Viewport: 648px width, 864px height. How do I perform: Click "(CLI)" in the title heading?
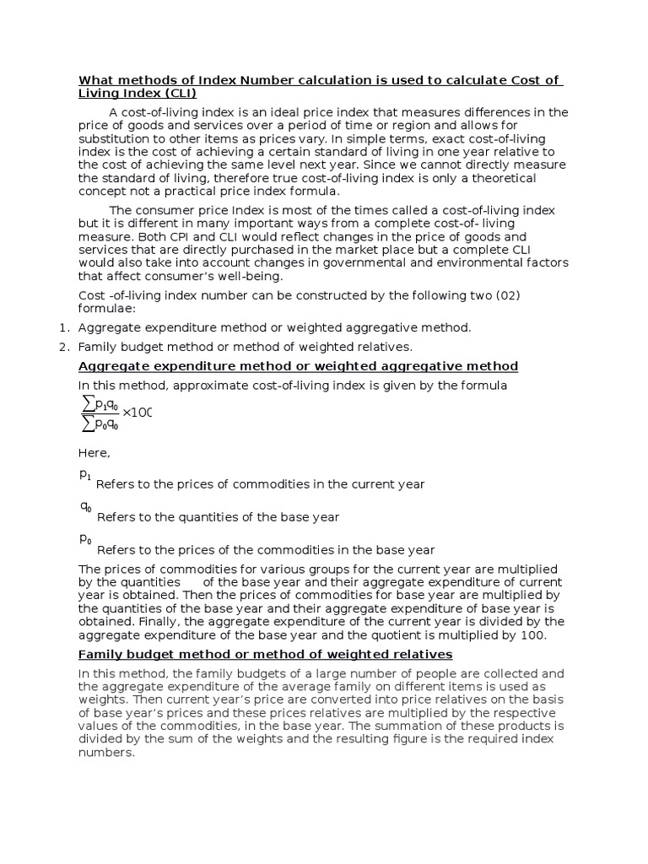tap(178, 94)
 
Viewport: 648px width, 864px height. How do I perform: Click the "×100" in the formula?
tap(137, 413)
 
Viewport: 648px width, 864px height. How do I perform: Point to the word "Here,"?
tap(94, 454)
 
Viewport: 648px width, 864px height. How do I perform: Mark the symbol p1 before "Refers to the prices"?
tap(84, 475)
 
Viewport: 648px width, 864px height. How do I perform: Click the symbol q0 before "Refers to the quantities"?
tap(85, 507)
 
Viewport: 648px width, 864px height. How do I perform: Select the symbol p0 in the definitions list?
tap(85, 539)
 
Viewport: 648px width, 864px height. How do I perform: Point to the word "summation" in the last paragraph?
tap(457, 726)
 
